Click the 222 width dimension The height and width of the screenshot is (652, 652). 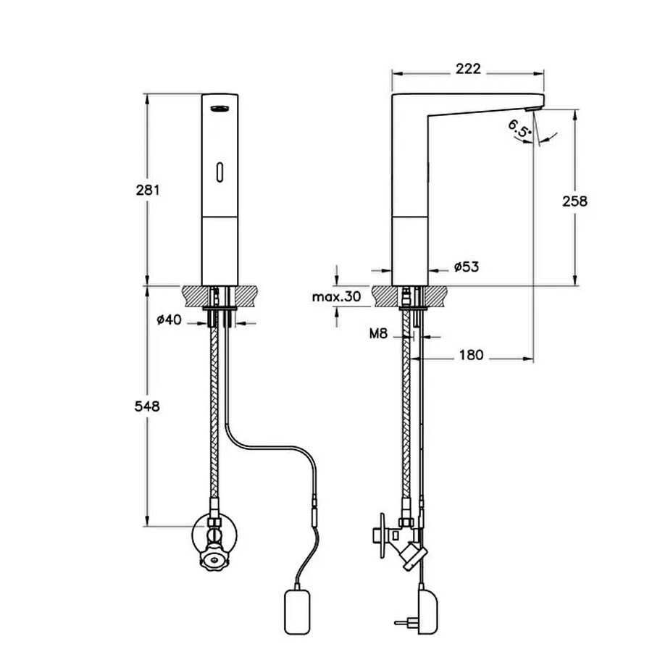click(x=468, y=69)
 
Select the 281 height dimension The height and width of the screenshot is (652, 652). click(x=148, y=190)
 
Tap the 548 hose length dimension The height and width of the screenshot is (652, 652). click(x=147, y=406)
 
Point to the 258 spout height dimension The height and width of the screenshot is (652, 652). click(x=575, y=201)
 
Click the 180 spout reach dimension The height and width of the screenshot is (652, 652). click(x=471, y=355)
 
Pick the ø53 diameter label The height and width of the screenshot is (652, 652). click(x=467, y=267)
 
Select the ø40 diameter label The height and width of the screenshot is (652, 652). click(x=170, y=319)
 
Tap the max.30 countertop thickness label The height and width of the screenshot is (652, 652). click(x=336, y=296)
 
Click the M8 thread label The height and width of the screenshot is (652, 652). click(x=378, y=333)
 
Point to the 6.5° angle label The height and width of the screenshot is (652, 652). click(x=519, y=128)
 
